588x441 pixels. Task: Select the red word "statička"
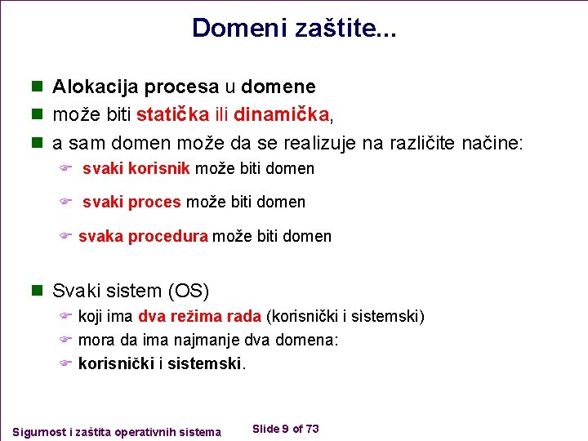172,114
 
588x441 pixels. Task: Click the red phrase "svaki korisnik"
136,169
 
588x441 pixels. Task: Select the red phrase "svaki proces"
132,202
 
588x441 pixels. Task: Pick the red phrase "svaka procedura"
143,237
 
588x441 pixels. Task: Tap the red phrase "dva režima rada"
200,317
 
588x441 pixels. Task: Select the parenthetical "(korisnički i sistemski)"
345,317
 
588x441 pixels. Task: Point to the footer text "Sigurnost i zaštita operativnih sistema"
117,431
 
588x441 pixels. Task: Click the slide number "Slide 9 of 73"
286,429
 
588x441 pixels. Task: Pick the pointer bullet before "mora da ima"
66,340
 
